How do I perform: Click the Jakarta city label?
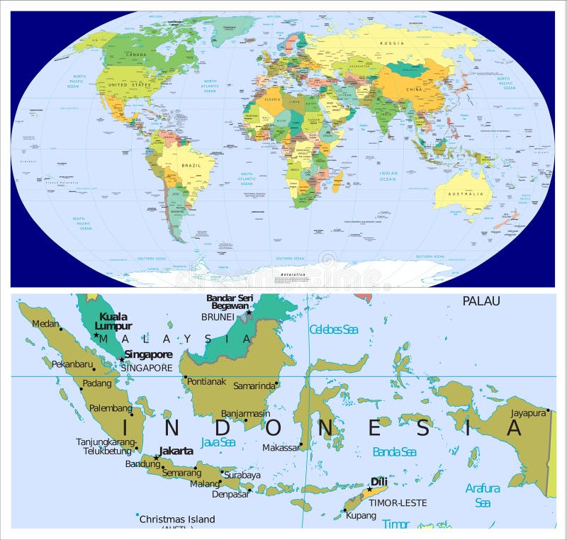(176, 451)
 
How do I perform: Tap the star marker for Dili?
(369, 490)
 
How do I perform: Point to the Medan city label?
(45, 324)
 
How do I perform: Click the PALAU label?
(481, 301)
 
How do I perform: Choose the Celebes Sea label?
(334, 330)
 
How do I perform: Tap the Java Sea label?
(218, 441)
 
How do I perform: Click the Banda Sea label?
(394, 451)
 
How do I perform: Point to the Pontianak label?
(207, 381)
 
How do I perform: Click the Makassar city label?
(280, 448)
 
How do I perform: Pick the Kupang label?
(361, 515)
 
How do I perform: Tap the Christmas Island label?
(176, 519)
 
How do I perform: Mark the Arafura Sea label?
(483, 495)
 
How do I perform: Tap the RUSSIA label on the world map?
(392, 43)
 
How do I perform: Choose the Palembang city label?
(111, 408)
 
